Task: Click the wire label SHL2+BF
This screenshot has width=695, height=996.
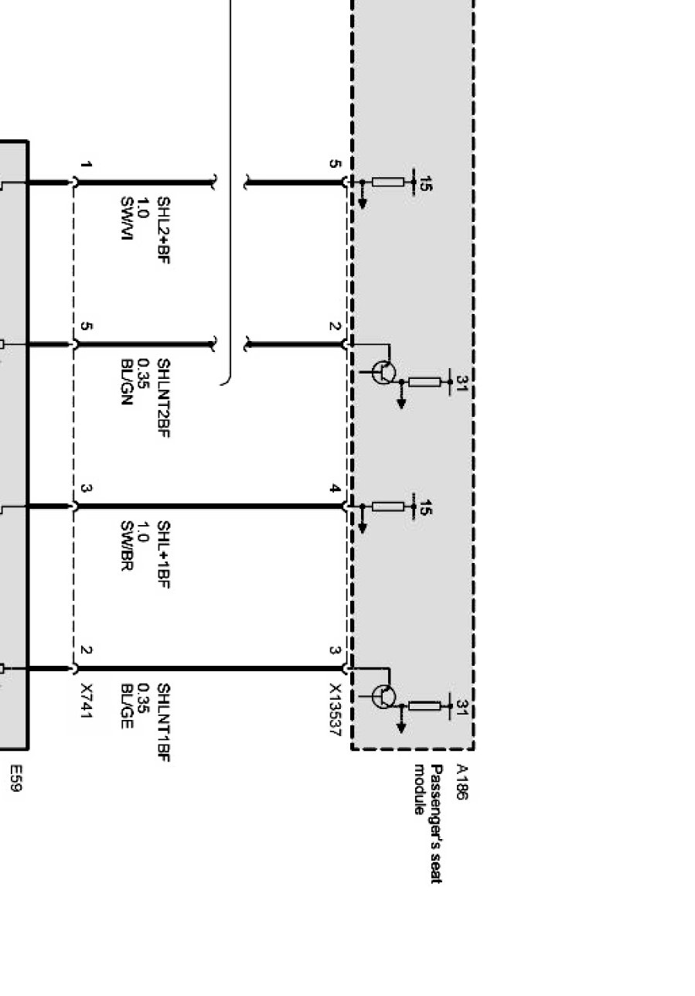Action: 163,230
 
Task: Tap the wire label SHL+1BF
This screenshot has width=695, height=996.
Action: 163,554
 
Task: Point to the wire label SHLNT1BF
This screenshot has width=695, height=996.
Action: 163,724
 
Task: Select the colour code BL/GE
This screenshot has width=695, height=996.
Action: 128,705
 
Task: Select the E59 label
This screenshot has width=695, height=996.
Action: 14,779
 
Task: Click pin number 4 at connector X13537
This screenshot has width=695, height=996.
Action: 334,489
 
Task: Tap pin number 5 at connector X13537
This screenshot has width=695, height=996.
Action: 334,164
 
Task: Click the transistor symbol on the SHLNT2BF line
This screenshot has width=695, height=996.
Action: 383,372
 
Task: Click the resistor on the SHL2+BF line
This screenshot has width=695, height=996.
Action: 388,182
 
